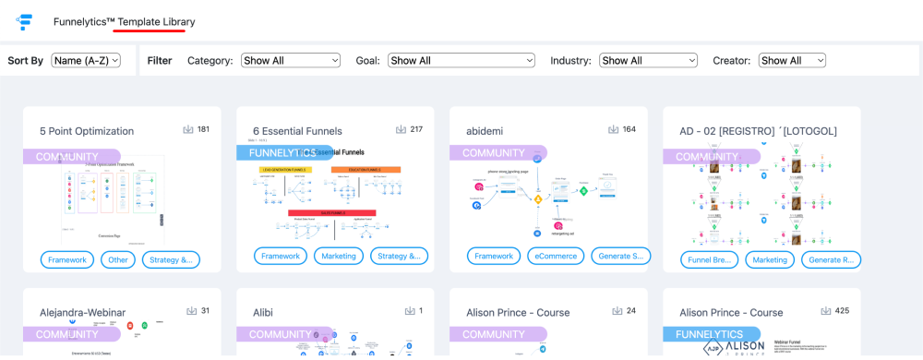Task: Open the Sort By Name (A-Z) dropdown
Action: pyautogui.click(x=86, y=61)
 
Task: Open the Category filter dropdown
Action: pyautogui.click(x=291, y=61)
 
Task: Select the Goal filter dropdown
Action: pyautogui.click(x=461, y=61)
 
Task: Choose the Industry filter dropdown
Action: pyautogui.click(x=648, y=61)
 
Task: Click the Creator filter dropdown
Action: pyautogui.click(x=792, y=61)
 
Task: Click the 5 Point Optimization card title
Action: pyautogui.click(x=87, y=131)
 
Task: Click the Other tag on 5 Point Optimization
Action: pyautogui.click(x=117, y=259)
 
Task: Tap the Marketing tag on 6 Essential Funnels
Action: pyautogui.click(x=338, y=257)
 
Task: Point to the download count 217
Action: pyautogui.click(x=415, y=129)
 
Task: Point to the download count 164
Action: pyautogui.click(x=629, y=129)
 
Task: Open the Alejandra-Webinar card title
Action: pyautogui.click(x=82, y=313)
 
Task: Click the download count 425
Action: pyautogui.click(x=842, y=311)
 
